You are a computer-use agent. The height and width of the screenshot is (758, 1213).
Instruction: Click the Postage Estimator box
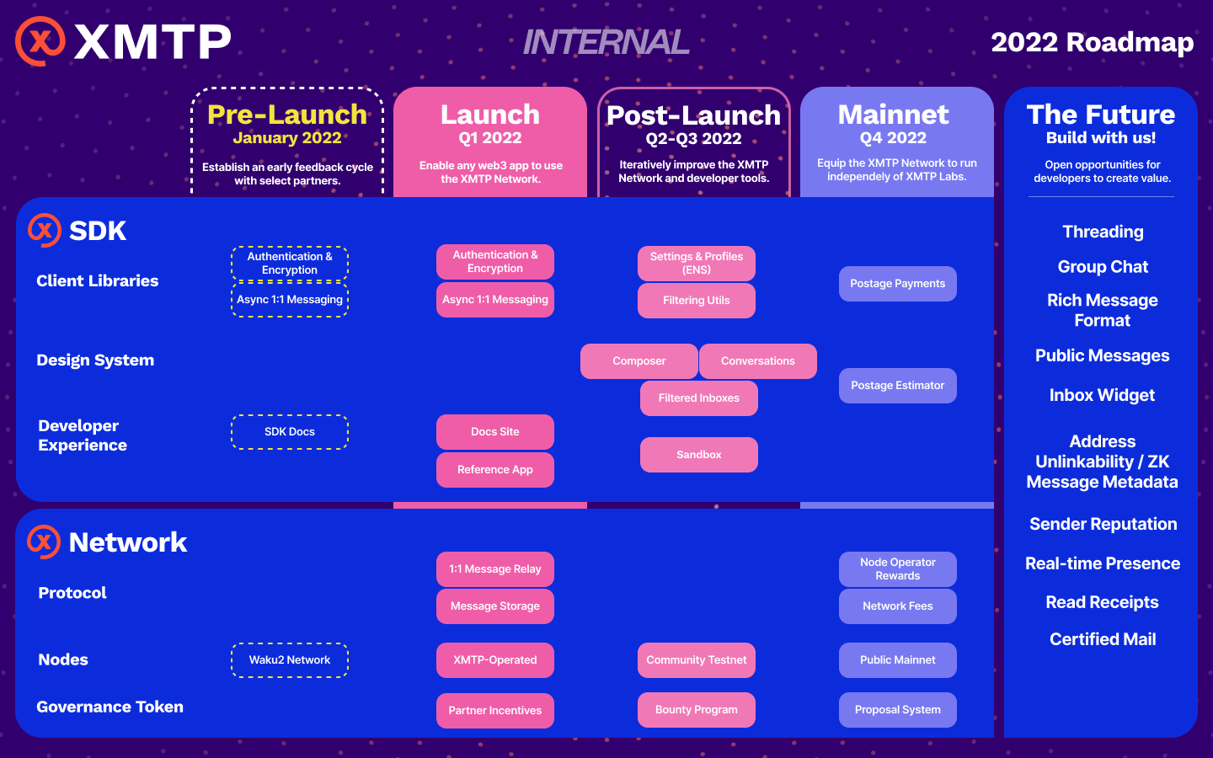[x=897, y=386]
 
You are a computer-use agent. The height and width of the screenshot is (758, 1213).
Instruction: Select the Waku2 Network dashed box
[x=290, y=660]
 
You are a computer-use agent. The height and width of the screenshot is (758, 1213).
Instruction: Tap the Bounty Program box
[x=696, y=710]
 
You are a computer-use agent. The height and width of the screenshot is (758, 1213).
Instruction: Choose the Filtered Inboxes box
[x=698, y=398]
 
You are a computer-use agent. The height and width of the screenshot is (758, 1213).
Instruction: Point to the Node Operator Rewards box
[x=897, y=569]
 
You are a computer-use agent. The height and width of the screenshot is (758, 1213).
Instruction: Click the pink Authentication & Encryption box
[x=494, y=262]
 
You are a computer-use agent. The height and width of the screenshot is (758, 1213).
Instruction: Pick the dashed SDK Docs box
[x=290, y=432]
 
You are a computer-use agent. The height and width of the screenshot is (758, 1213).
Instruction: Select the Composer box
[x=639, y=361]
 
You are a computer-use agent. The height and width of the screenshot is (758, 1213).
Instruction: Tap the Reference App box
[x=494, y=470]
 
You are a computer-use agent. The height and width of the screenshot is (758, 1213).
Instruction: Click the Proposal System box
[x=897, y=710]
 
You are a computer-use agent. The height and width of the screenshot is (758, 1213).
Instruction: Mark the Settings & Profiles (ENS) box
[x=696, y=264]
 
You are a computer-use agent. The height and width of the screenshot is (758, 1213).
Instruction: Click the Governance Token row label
[x=110, y=707]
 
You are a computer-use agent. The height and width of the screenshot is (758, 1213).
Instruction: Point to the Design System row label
[x=95, y=360]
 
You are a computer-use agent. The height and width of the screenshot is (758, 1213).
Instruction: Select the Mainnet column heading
[x=893, y=115]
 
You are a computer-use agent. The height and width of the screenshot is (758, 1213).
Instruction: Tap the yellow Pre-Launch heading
[x=287, y=115]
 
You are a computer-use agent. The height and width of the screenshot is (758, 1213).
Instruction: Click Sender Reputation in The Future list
[x=1103, y=525]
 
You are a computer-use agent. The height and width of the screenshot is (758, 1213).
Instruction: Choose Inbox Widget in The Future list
[x=1102, y=396]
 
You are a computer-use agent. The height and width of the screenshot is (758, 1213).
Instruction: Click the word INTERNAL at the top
[x=606, y=42]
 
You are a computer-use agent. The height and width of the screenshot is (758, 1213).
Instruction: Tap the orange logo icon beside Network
[x=44, y=542]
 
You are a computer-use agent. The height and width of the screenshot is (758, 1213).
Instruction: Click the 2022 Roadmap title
[x=1092, y=42]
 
